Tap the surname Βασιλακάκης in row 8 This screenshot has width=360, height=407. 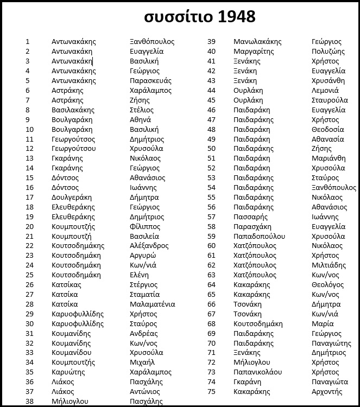click(73, 110)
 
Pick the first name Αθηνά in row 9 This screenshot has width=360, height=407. click(141, 120)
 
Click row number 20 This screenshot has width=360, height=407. click(29, 226)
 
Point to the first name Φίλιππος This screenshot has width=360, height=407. click(145, 226)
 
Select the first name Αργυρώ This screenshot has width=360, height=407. click(143, 256)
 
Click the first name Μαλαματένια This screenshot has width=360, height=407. click(153, 304)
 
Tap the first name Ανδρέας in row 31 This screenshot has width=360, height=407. click(144, 333)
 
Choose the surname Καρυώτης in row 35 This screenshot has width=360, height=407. click(68, 372)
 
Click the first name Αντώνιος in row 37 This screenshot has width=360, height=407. click(145, 392)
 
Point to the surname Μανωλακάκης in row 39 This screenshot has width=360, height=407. click(257, 42)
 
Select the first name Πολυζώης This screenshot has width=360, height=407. click(328, 52)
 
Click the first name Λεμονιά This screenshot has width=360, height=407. click(325, 91)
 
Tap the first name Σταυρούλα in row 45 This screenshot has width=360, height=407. click(330, 100)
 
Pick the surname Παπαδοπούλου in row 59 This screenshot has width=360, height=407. click(259, 236)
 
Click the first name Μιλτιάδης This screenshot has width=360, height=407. click(329, 265)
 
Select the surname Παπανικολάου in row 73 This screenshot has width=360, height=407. click(258, 372)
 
